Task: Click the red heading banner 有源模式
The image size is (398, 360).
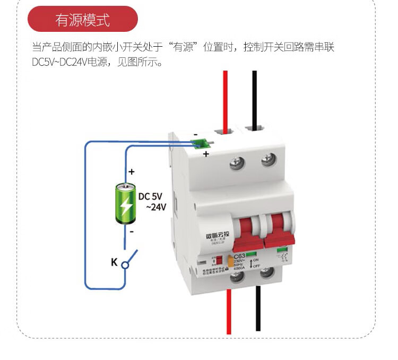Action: (x=82, y=20)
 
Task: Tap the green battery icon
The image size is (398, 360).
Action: (x=126, y=203)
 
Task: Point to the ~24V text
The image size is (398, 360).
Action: (x=155, y=207)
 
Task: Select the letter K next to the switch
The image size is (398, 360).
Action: (x=114, y=262)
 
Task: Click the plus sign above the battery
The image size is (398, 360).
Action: (x=132, y=172)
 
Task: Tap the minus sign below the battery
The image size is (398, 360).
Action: (x=132, y=232)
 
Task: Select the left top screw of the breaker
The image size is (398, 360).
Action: (x=236, y=162)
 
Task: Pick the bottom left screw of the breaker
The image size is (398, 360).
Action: (x=236, y=276)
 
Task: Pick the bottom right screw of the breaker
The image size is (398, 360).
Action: (x=266, y=273)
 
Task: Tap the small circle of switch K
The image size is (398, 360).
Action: (x=125, y=264)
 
